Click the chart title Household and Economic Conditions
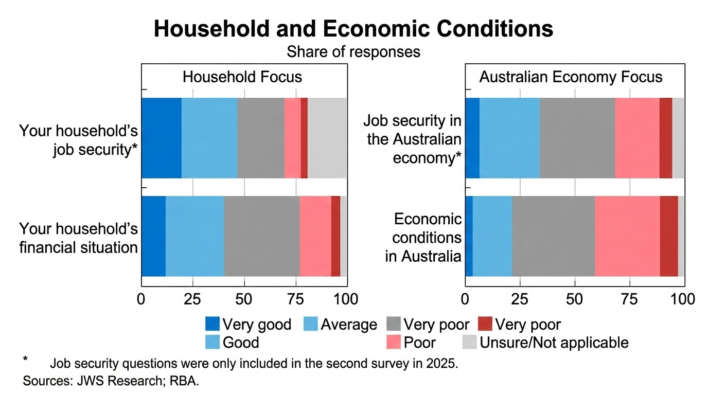pyautogui.click(x=353, y=29)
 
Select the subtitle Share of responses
pyautogui.click(x=353, y=52)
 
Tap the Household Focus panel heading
pyautogui.click(x=242, y=77)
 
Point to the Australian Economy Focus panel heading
pyautogui.click(x=571, y=77)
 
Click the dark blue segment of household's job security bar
pyautogui.click(x=161, y=138)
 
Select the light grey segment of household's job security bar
pyautogui.click(x=327, y=138)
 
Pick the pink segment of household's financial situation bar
pyautogui.click(x=315, y=236)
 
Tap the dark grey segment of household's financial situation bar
pyautogui.click(x=262, y=236)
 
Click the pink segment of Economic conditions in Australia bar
pyautogui.click(x=627, y=236)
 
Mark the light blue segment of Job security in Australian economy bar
pyautogui.click(x=509, y=138)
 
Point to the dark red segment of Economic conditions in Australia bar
pyautogui.click(x=669, y=236)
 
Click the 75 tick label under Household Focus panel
pyautogui.click(x=295, y=299)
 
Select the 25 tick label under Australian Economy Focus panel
pyautogui.click(x=520, y=299)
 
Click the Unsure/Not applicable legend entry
pyautogui.click(x=554, y=343)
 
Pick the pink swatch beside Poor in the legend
pyautogui.click(x=394, y=343)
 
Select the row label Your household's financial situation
pyautogui.click(x=79, y=238)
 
